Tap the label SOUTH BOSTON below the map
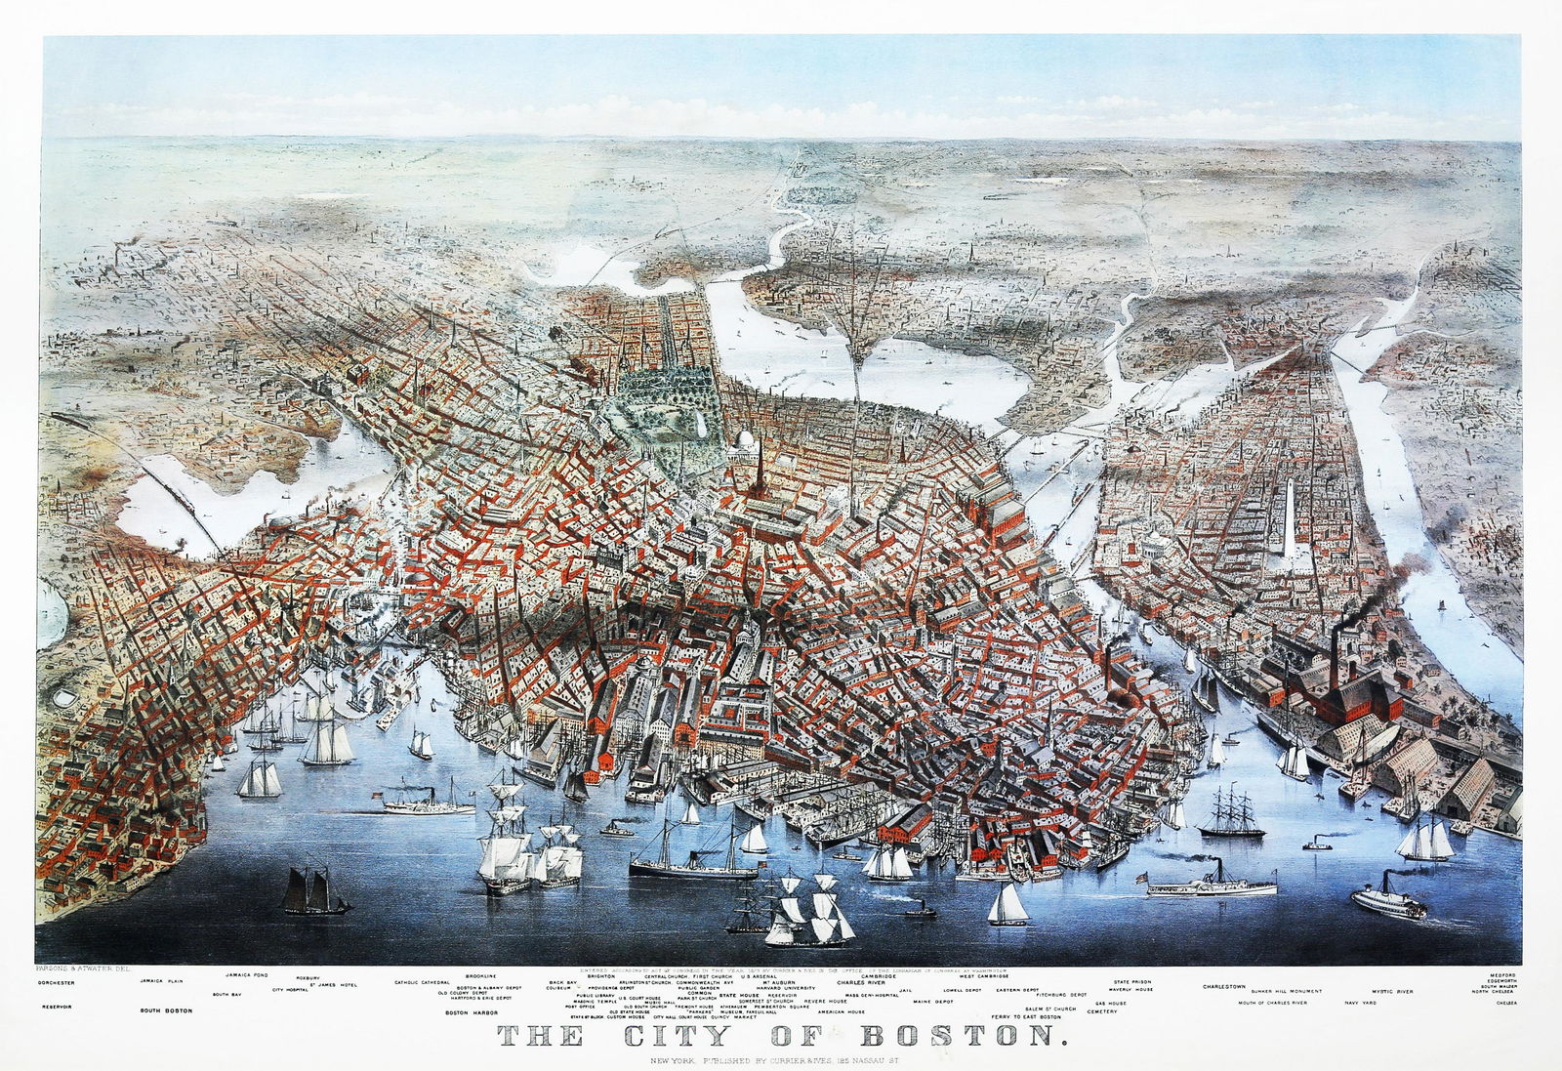164,1010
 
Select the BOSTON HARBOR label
473,1012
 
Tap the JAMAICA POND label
247,974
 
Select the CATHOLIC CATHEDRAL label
423,981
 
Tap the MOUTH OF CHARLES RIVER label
1273,1003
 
